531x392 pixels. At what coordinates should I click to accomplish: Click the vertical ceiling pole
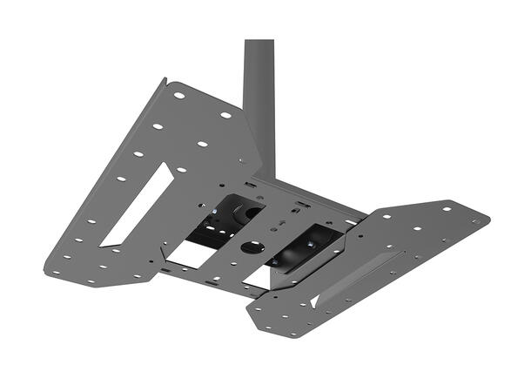[x=259, y=96]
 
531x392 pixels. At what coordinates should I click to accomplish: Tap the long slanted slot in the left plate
[x=136, y=205]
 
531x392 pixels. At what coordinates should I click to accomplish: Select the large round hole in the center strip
[x=252, y=247]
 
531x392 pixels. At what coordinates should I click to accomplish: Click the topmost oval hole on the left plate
[x=178, y=95]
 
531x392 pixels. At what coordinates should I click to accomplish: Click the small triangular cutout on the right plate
[x=313, y=301]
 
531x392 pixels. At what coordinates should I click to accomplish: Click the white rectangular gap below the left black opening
[x=192, y=254]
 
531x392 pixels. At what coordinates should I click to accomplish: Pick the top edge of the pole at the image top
[x=259, y=41]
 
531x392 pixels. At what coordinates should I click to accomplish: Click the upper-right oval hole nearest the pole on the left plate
[x=225, y=115]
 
